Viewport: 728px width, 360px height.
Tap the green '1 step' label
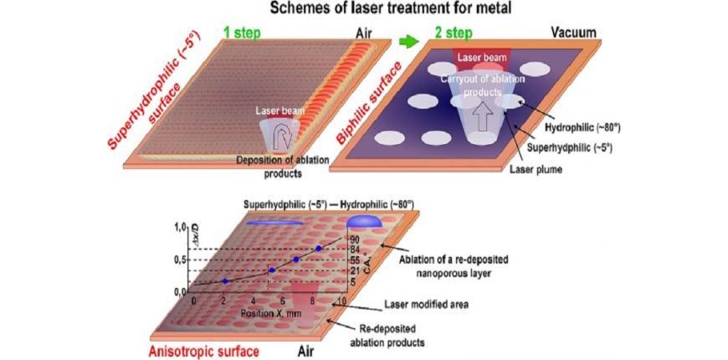click(x=242, y=34)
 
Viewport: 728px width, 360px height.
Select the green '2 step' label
click(x=455, y=34)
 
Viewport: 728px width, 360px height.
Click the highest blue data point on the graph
click(x=319, y=249)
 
